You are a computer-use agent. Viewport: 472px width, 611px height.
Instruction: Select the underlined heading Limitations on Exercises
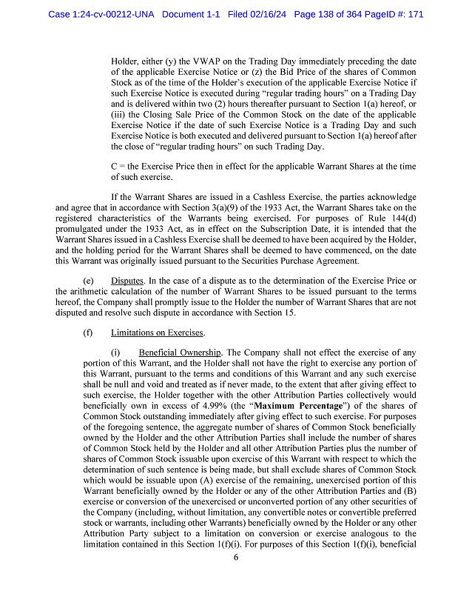click(x=158, y=332)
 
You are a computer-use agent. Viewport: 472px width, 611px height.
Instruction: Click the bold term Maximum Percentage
click(x=292, y=406)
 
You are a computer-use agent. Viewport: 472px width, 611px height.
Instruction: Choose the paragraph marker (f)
click(x=89, y=332)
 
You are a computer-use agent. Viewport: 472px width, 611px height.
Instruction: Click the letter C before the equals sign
click(x=114, y=167)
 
